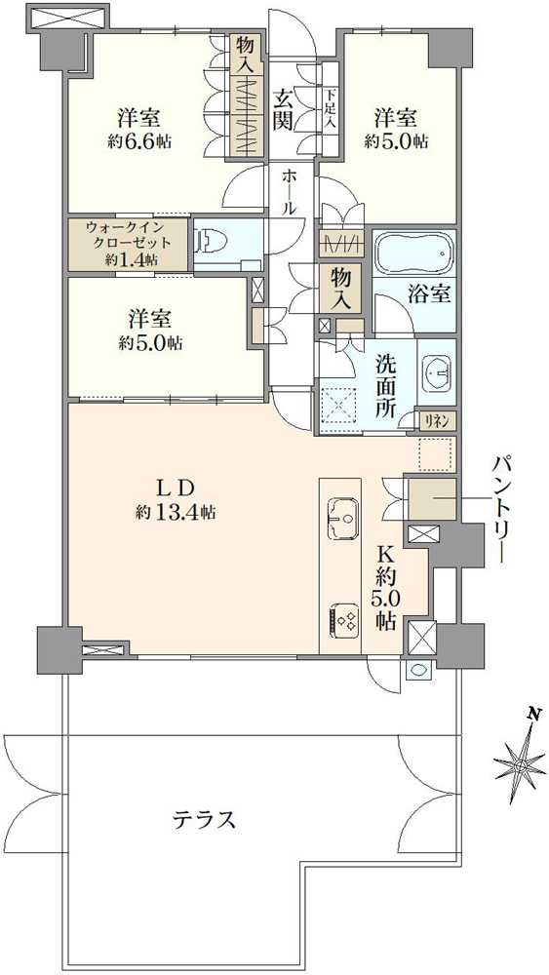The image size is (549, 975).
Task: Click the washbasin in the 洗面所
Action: pyautogui.click(x=438, y=373)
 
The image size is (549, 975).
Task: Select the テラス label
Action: pyautogui.click(x=204, y=820)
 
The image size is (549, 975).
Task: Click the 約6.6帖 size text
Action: pyautogui.click(x=138, y=141)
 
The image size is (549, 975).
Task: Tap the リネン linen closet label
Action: pyautogui.click(x=439, y=421)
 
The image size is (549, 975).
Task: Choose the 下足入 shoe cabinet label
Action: pyautogui.click(x=330, y=110)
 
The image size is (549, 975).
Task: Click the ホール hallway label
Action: pyautogui.click(x=288, y=191)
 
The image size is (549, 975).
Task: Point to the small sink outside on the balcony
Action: pyautogui.click(x=416, y=669)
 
